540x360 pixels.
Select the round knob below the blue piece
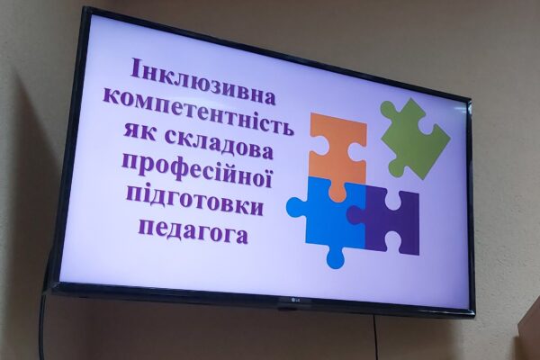click(335, 257)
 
